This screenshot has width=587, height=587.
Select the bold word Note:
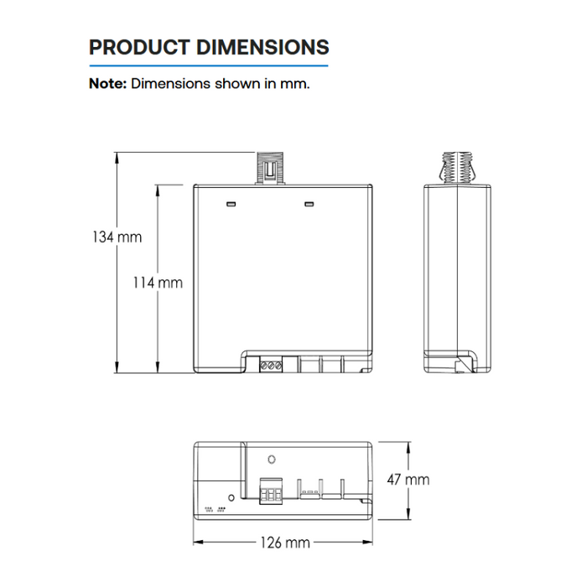coord(107,84)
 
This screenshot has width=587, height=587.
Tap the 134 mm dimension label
coord(117,237)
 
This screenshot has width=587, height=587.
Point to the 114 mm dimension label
coord(158,283)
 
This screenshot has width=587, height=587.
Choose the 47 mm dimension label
coord(408,480)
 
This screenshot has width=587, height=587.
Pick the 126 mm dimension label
coord(284,543)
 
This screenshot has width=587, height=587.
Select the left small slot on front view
coord(229,202)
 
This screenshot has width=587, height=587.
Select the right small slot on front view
coord(309,202)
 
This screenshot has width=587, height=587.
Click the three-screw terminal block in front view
coord(271,365)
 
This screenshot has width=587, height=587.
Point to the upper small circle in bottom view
coord(271,460)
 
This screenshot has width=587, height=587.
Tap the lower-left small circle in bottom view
coord(231,496)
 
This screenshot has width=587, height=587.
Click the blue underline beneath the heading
coord(209,65)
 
